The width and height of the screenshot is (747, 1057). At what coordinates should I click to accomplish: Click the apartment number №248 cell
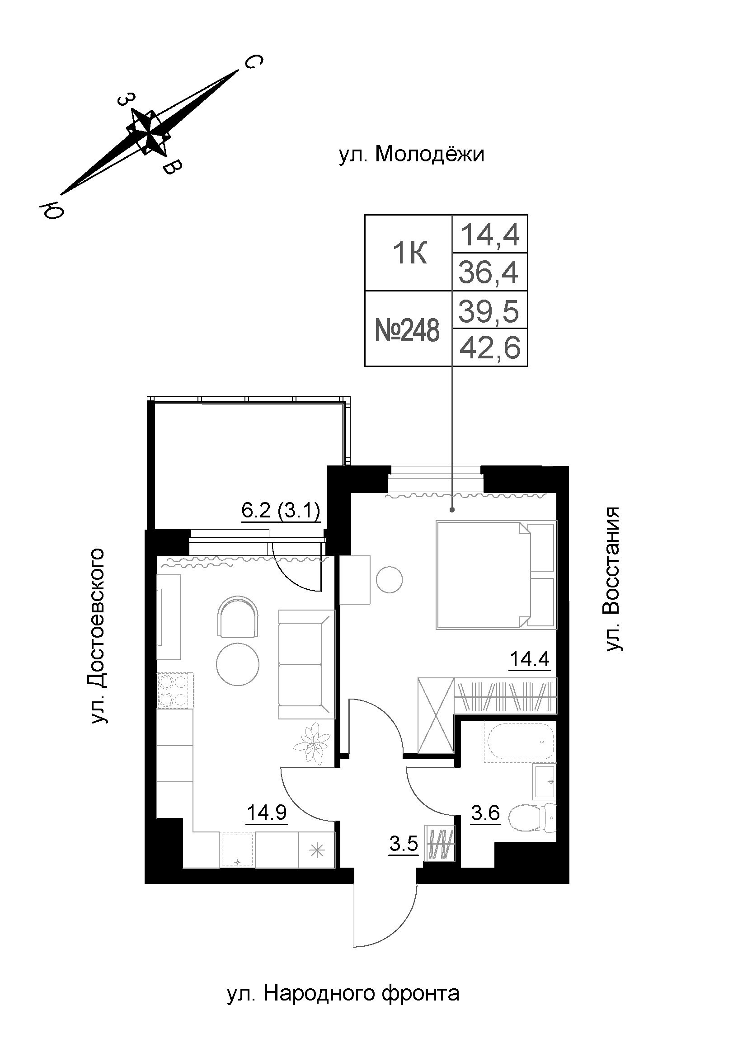407,330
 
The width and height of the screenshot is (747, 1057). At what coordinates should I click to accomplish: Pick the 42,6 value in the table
490,348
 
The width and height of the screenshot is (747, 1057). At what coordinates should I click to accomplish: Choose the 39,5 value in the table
489,311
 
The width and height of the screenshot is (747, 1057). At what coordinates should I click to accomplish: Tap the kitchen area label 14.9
267,813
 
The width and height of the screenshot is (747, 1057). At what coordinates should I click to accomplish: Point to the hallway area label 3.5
404,844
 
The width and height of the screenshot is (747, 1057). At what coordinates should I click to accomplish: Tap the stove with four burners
175,690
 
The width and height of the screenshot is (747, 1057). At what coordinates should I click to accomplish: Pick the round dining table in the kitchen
238,664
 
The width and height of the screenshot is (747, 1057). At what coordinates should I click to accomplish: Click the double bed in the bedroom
496,574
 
